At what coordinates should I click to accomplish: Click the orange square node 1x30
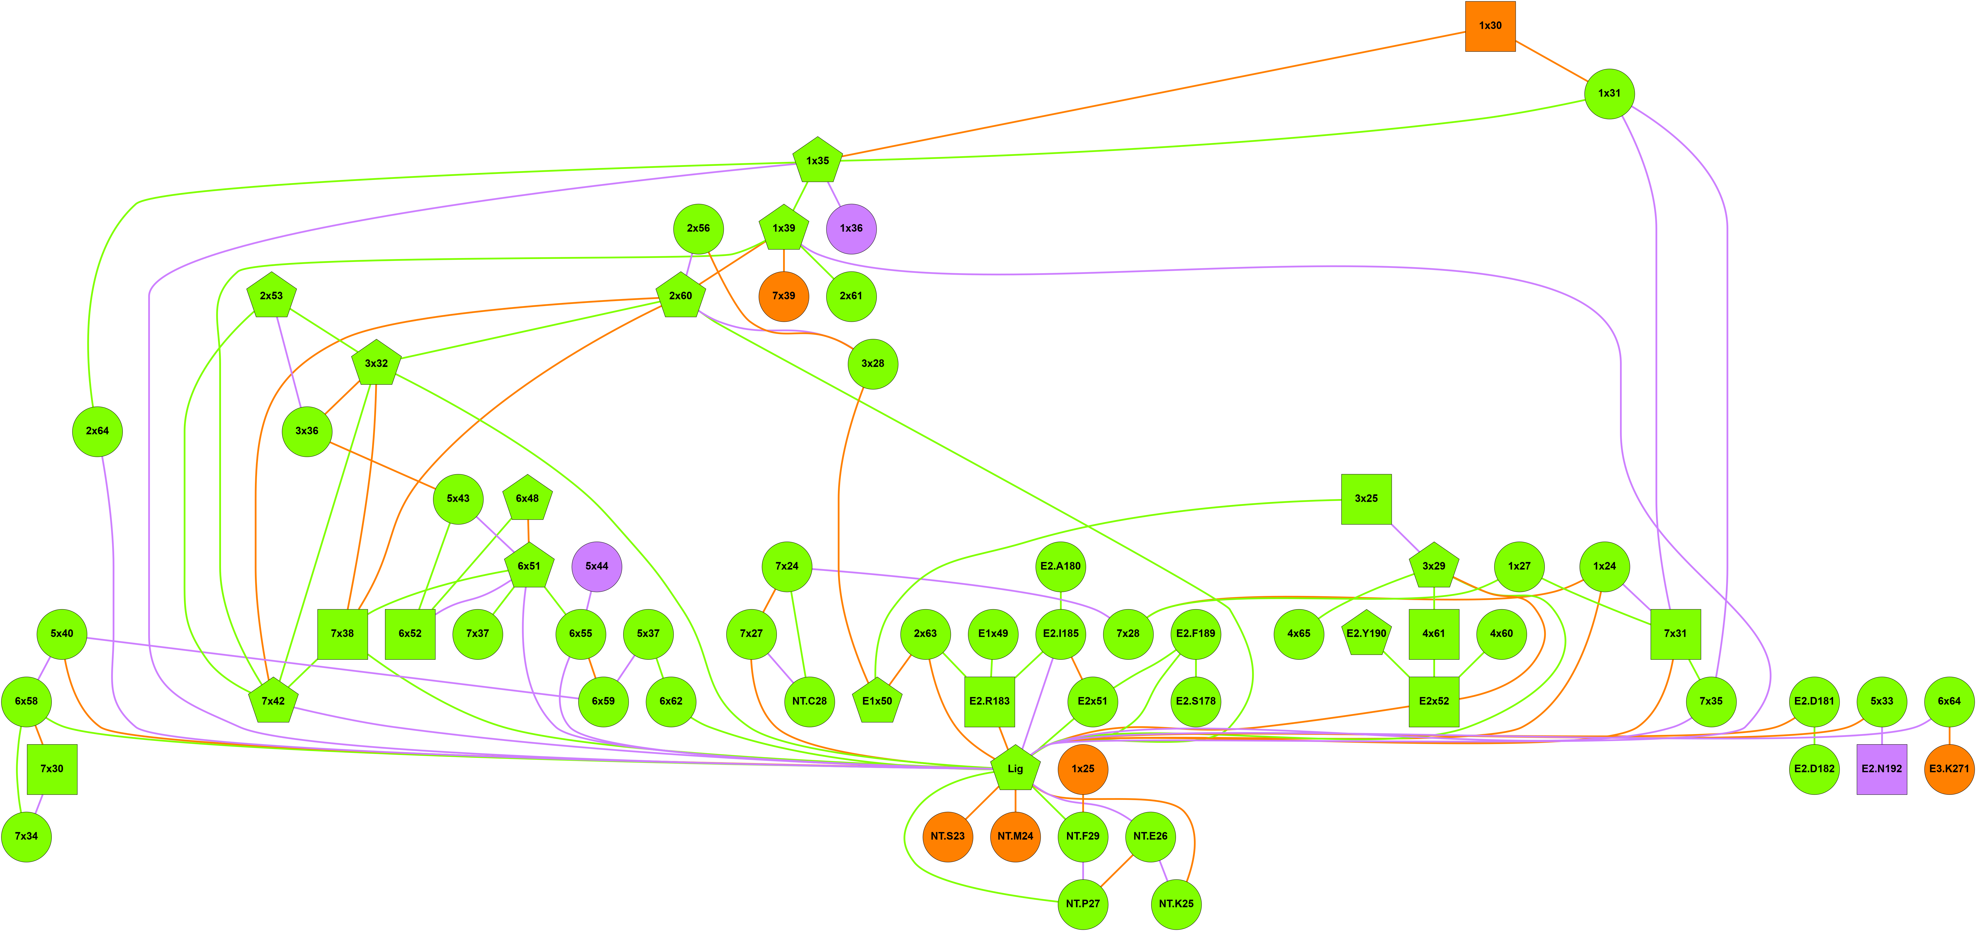[1490, 26]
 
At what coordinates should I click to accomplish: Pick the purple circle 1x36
[851, 229]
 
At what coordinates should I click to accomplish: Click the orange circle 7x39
[783, 296]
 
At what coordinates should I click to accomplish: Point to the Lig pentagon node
[1015, 768]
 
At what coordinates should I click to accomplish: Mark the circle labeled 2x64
[97, 431]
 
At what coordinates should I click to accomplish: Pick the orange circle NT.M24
[1015, 836]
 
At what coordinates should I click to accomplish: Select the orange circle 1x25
[1082, 768]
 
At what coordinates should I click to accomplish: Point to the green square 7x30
[52, 768]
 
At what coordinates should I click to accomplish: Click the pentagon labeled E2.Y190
[1366, 634]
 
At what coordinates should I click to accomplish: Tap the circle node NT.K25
[1176, 903]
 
